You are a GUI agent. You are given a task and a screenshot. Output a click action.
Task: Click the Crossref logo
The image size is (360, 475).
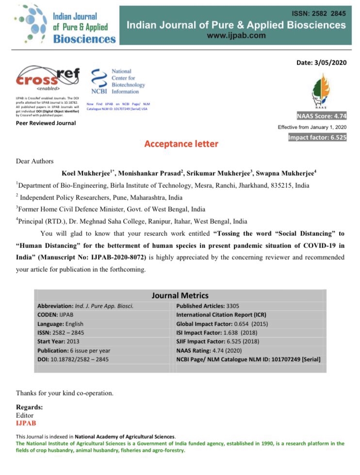pos(48,78)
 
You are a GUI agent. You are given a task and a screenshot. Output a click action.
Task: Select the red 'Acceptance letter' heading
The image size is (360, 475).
pos(181,144)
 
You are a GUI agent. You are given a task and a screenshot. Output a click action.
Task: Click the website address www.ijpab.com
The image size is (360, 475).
pos(236,35)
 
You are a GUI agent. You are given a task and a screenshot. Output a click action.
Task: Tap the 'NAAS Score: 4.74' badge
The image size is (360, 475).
pos(321,116)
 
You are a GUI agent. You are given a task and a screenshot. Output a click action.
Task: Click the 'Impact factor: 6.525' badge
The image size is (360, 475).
pos(318,137)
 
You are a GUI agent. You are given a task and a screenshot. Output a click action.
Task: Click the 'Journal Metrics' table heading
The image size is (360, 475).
pos(180,295)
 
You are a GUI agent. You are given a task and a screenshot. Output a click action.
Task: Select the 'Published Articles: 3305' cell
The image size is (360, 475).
pos(208,306)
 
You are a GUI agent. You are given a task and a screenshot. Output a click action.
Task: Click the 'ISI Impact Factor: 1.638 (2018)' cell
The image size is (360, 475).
pos(216,333)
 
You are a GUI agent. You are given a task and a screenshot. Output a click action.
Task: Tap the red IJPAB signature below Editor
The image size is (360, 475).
pos(26,423)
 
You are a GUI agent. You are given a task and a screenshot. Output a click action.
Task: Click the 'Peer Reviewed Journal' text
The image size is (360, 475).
pos(46,123)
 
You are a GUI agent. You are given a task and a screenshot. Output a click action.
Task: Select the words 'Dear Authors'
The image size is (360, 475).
pos(35,161)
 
